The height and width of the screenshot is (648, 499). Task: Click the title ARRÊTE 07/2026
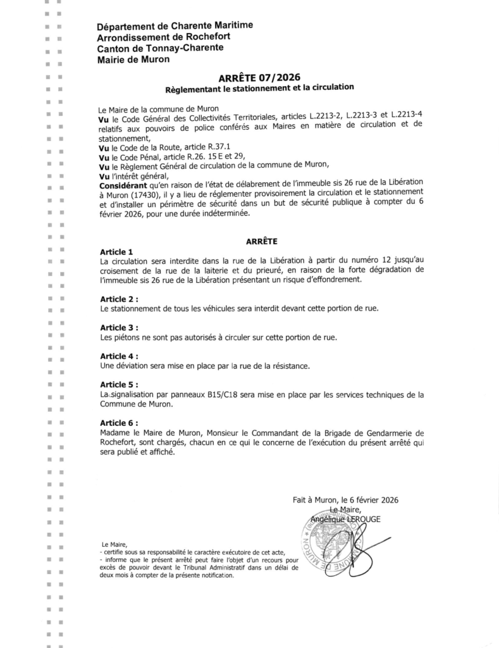pos(259,77)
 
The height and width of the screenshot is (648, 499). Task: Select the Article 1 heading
pos(117,252)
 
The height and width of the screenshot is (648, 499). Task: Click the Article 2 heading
pos(119,298)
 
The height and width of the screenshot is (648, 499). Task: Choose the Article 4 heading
pos(119,356)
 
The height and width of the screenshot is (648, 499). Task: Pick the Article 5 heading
pos(119,385)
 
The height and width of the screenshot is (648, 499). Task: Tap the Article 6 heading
pos(119,422)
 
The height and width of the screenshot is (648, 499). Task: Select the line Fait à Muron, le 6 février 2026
pos(345,500)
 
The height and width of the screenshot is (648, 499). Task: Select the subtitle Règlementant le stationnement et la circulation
pos(259,88)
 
